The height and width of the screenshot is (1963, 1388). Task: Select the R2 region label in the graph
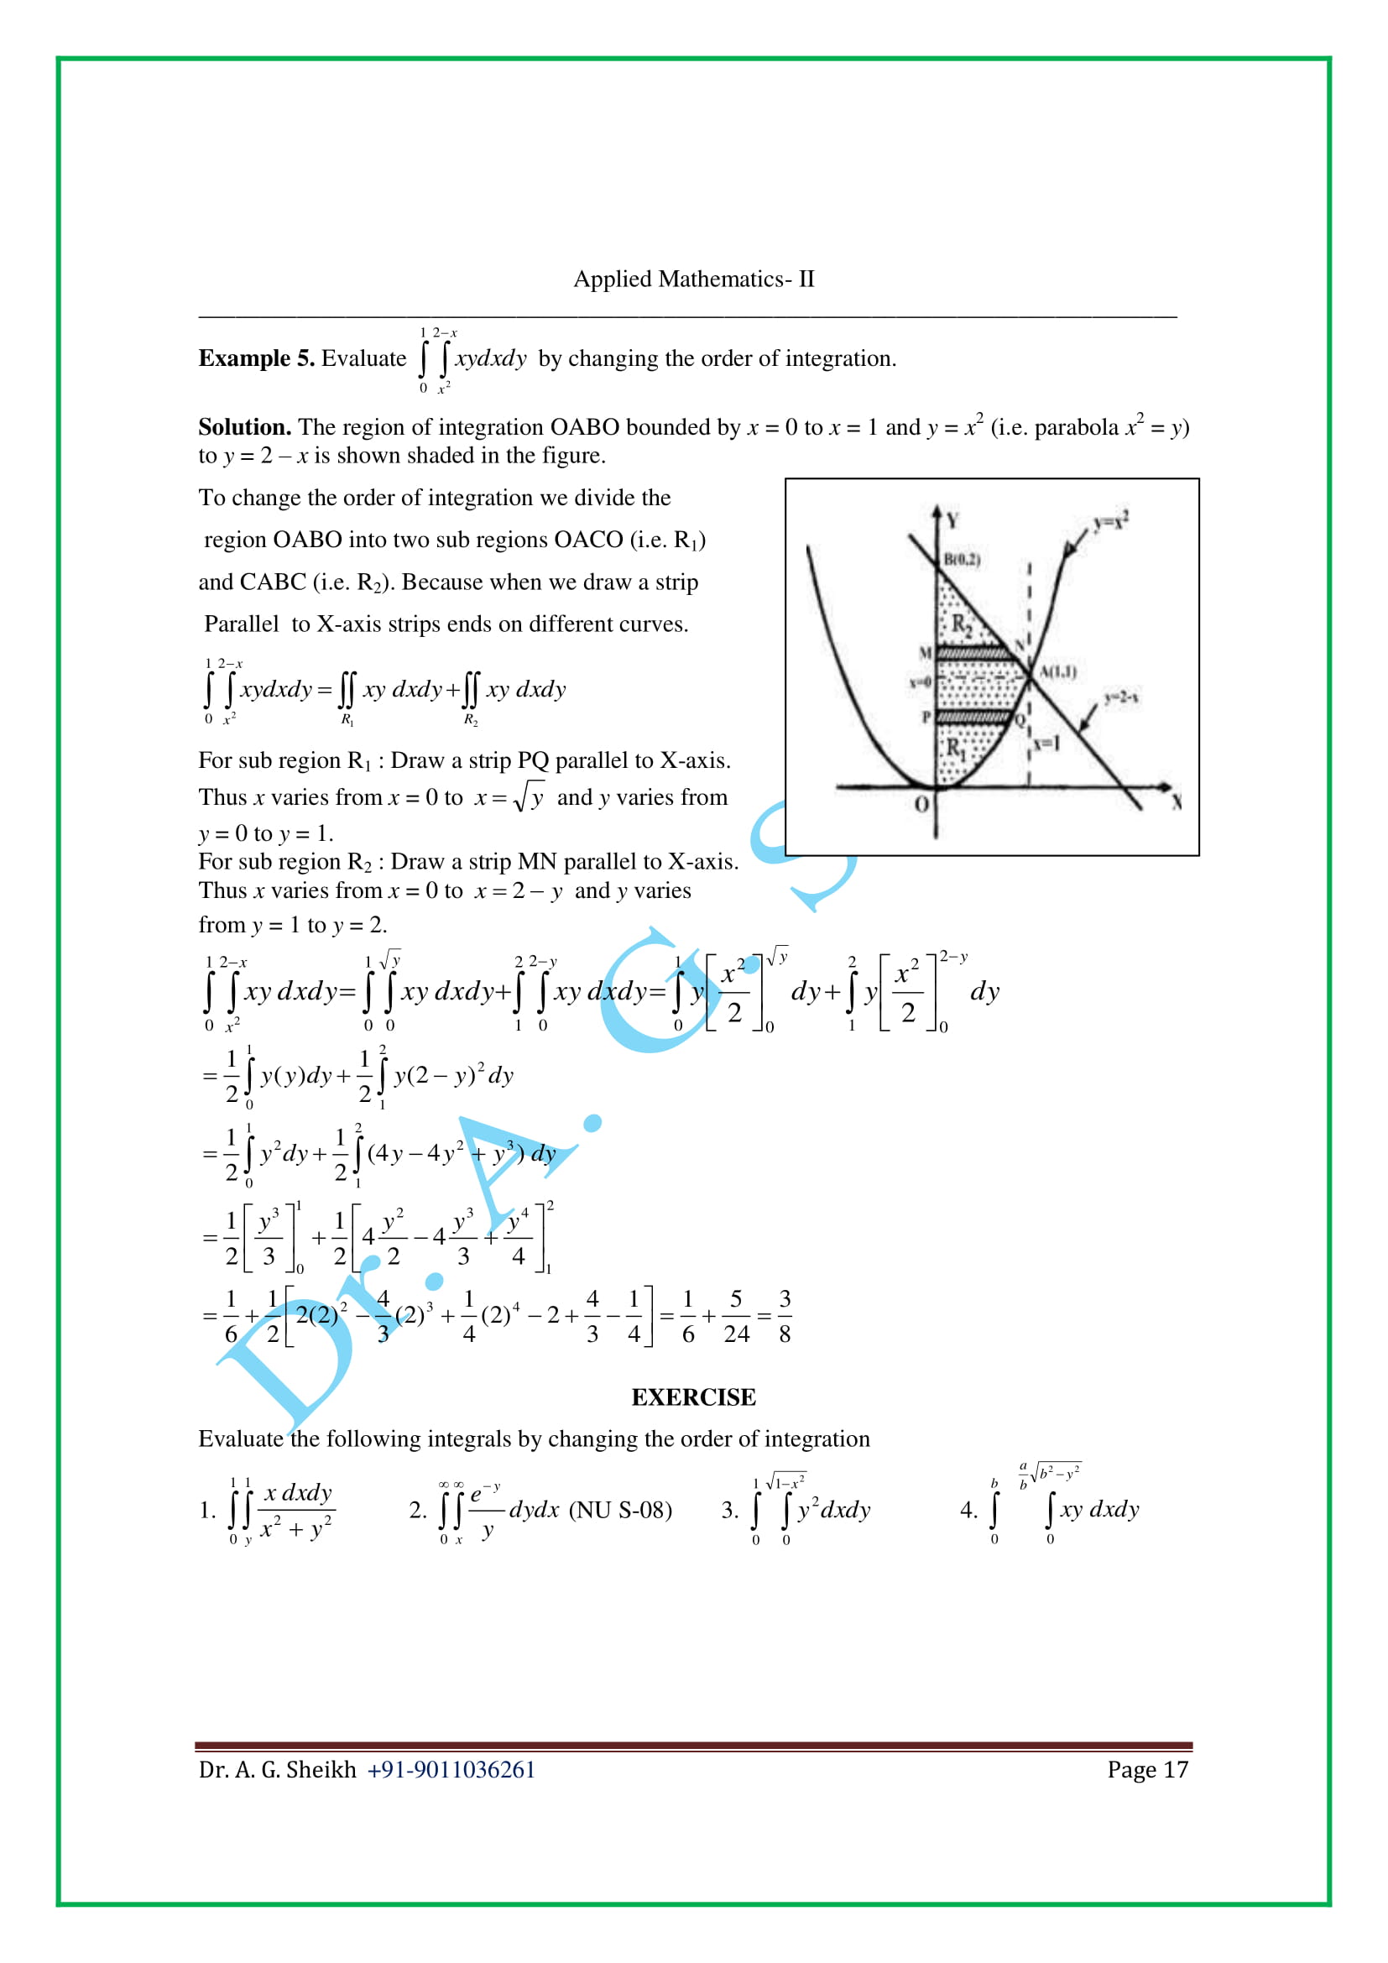pos(962,625)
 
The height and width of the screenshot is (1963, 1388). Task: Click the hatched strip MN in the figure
pos(974,654)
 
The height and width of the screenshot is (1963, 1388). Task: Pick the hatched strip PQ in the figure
pos(973,718)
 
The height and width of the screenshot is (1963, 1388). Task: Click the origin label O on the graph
pos(921,805)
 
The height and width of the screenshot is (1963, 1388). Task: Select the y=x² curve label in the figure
pos(1111,520)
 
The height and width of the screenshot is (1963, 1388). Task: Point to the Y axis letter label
pos(952,519)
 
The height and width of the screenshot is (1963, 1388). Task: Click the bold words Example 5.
pos(257,358)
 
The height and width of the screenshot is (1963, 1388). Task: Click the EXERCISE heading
pos(693,1397)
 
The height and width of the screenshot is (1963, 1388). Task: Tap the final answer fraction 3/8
pos(785,1317)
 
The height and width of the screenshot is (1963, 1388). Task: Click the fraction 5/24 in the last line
pos(736,1317)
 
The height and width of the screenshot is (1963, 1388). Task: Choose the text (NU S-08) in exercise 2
pos(620,1510)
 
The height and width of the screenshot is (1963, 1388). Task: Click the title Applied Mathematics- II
pos(693,279)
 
